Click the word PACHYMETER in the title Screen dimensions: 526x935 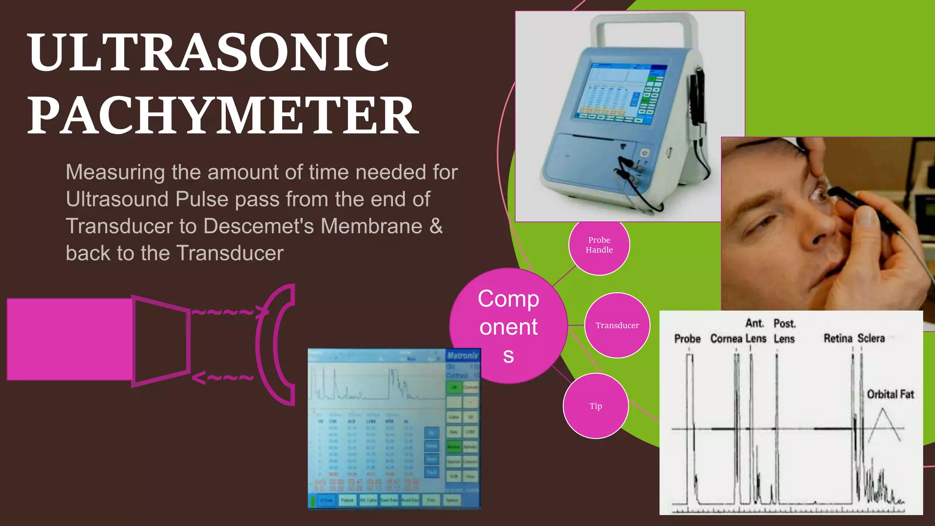(x=223, y=115)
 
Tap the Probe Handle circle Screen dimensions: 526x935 (x=599, y=245)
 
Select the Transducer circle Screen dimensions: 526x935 (x=617, y=325)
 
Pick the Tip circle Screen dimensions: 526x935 (x=595, y=406)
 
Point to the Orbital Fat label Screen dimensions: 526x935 (x=890, y=394)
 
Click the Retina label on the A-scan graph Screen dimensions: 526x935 (x=838, y=338)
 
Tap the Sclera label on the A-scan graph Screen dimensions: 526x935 (x=871, y=338)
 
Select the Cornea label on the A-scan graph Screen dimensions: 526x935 (x=726, y=339)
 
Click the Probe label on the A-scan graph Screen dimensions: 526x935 (x=687, y=339)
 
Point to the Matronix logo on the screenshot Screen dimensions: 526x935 (x=462, y=355)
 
